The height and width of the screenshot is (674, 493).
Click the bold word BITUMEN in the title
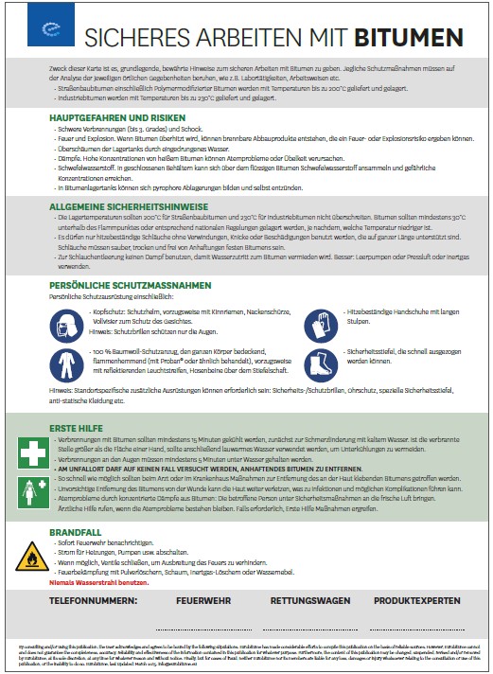(409, 38)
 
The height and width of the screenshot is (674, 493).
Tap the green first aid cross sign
(30, 452)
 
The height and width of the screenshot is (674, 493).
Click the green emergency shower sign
(30, 489)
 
